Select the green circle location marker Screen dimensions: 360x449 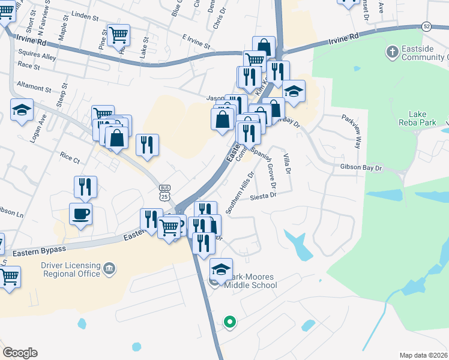(x=229, y=322)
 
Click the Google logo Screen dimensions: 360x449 (x=20, y=353)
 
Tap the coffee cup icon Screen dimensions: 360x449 (x=80, y=214)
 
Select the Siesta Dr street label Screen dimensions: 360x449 (x=262, y=196)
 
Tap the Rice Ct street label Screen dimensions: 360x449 (x=70, y=159)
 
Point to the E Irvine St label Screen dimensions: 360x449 (x=196, y=41)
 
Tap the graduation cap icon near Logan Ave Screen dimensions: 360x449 (x=22, y=110)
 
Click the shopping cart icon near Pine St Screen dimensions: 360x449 (x=118, y=34)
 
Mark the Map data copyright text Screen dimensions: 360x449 (x=423, y=355)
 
